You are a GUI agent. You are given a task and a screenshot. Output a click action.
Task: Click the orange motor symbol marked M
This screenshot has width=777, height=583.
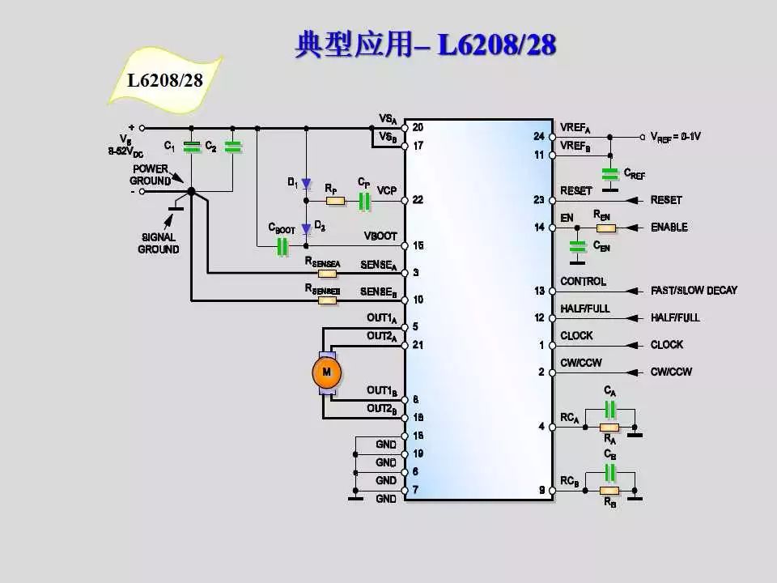point(327,372)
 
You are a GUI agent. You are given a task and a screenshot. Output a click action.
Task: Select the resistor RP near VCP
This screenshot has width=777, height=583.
point(334,200)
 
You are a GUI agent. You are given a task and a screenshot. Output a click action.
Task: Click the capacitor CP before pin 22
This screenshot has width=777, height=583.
point(364,200)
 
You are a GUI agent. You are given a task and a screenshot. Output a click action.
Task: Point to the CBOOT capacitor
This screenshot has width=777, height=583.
point(282,246)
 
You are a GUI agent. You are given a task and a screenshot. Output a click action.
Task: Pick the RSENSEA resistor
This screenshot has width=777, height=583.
point(327,273)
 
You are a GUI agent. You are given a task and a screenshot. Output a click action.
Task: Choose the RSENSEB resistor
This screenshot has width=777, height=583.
point(327,300)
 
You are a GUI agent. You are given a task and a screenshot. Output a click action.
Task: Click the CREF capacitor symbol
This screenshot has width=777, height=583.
point(609,173)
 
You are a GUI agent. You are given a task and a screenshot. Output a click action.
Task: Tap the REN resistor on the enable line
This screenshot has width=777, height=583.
point(601,228)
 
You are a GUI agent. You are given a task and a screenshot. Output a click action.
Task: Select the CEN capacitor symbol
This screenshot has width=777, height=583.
point(577,245)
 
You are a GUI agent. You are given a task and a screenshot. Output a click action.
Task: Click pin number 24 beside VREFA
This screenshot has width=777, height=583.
point(539,137)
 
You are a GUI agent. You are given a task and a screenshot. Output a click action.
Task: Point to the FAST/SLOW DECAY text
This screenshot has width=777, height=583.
point(694,291)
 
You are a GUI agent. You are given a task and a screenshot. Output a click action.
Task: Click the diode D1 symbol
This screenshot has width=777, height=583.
point(306,183)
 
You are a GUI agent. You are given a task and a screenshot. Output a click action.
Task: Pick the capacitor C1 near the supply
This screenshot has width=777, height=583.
point(191,147)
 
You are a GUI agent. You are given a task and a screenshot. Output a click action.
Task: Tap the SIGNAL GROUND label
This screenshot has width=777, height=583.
point(159,244)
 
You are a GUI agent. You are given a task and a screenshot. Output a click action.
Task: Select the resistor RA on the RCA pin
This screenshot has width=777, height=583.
point(609,426)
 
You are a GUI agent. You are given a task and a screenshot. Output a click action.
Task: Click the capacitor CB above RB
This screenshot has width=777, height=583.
point(609,472)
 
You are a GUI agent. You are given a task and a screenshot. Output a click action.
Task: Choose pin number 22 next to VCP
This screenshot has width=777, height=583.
point(418,200)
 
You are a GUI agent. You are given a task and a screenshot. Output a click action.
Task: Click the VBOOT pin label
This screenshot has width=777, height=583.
point(380,236)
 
